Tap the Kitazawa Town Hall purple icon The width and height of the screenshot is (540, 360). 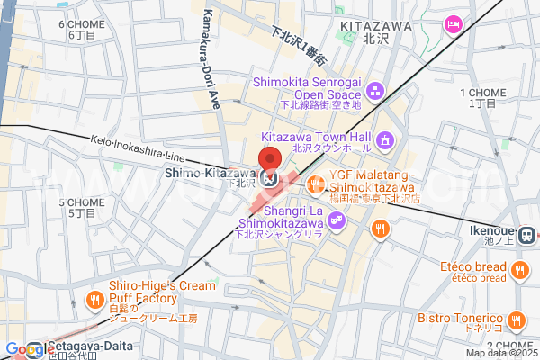[385, 140]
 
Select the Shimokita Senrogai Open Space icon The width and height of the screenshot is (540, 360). [375, 89]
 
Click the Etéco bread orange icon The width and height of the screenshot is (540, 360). [518, 269]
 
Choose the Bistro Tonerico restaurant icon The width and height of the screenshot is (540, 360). [516, 319]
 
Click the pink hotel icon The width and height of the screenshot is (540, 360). [454, 22]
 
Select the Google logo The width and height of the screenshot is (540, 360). [24, 349]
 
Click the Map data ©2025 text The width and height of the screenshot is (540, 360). [500, 353]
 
